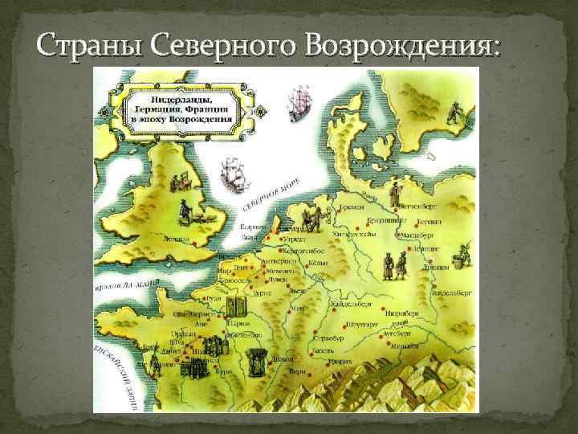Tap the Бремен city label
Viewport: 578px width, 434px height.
(x=351, y=207)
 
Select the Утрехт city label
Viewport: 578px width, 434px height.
(x=295, y=240)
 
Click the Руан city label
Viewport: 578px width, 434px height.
(x=214, y=298)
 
